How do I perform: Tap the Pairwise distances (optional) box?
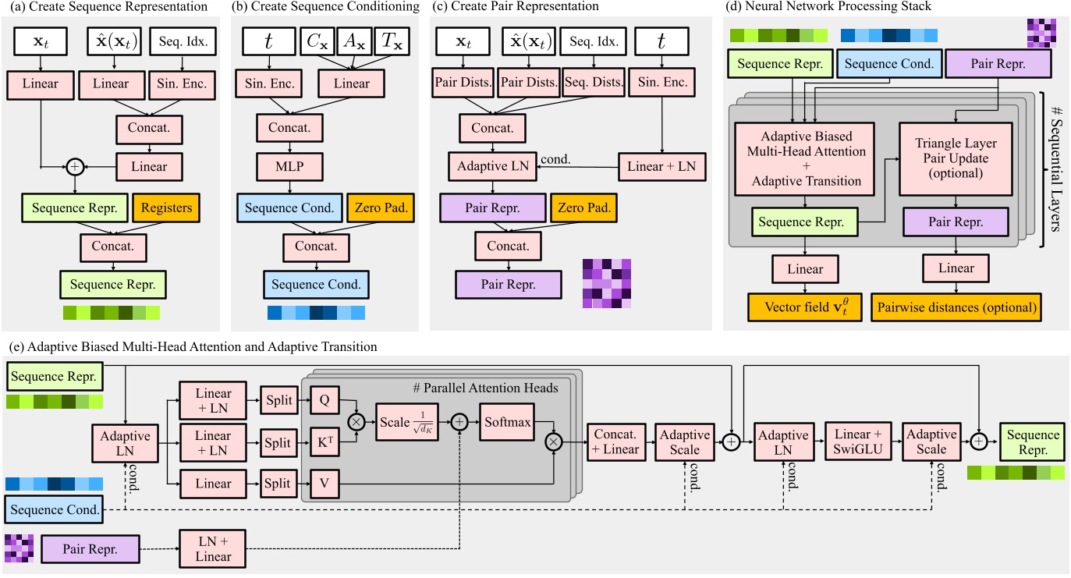pos(956,307)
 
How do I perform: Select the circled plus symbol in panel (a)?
pos(76,165)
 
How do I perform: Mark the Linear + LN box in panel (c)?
pos(661,167)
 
